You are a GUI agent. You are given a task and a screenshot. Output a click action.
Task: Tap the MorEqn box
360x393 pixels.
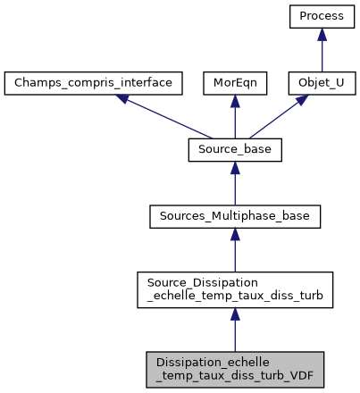point(235,83)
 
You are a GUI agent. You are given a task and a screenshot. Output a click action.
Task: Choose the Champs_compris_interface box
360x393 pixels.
point(94,83)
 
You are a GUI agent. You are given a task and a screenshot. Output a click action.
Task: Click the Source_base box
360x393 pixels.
point(235,149)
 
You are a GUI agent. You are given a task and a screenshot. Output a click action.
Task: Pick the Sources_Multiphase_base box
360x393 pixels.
point(235,215)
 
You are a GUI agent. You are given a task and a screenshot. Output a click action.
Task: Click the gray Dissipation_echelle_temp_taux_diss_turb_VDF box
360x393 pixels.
point(235,368)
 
